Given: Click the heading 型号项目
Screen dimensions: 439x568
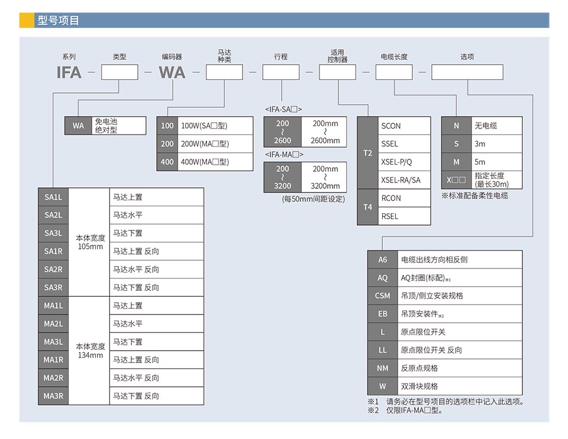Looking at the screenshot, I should tap(58, 21).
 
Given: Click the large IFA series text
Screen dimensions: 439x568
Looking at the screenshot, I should tap(69, 72).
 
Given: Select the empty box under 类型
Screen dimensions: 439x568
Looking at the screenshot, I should tap(120, 72).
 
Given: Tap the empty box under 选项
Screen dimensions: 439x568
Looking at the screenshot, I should tap(467, 72).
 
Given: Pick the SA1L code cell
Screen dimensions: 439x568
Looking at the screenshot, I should tap(53, 197).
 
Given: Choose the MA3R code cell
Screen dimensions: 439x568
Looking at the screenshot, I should tap(53, 396).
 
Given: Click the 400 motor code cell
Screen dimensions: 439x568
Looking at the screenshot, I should tap(167, 162).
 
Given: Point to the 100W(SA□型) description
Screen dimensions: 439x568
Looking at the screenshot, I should tap(204, 126).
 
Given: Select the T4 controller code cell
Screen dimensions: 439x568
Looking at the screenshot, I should tap(367, 207).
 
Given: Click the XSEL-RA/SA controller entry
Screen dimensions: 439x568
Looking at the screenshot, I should tap(401, 180).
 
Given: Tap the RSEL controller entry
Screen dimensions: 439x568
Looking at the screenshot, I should tap(390, 216).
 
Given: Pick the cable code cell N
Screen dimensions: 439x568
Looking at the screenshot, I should tap(456, 126).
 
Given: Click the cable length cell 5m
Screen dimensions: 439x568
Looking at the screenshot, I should tap(480, 162).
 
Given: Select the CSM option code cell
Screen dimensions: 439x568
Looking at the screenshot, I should tap(383, 296).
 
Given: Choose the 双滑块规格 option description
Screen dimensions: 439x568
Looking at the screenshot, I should tap(419, 386).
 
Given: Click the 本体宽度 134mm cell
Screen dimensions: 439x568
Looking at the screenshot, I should tap(91, 351).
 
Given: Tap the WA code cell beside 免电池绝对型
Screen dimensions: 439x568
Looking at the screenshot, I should tap(78, 126).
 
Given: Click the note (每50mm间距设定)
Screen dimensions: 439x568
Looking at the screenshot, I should tap(313, 199).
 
